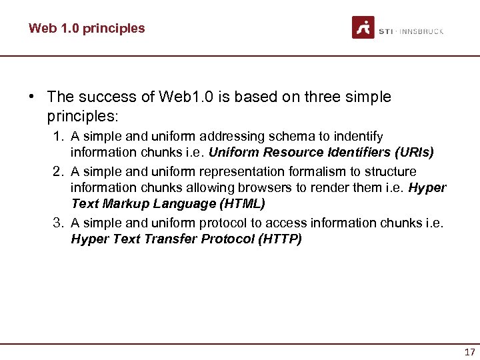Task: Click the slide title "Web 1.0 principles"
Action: tap(87, 28)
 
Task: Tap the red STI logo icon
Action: tap(363, 27)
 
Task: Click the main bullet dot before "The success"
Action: tap(31, 97)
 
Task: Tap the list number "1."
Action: tap(59, 137)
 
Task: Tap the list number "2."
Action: tap(59, 171)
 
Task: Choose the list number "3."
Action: tap(59, 223)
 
